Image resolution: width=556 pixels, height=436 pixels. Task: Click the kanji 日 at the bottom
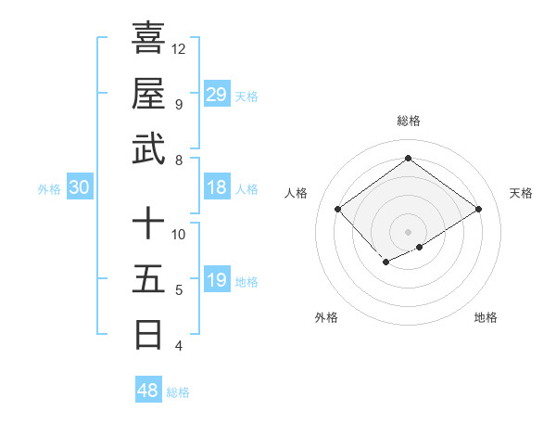coord(148,333)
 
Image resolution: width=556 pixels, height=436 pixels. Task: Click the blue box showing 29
coord(217,94)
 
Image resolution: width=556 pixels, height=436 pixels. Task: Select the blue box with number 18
coord(217,187)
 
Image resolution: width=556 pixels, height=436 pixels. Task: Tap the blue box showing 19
coord(217,280)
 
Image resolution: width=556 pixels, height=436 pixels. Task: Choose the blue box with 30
coord(80,187)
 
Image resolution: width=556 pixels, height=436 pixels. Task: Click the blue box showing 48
coord(148,390)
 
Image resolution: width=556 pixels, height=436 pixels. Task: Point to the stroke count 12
coord(179,48)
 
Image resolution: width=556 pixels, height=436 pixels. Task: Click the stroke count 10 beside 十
coord(179,235)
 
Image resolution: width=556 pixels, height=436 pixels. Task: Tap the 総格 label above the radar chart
coord(408,121)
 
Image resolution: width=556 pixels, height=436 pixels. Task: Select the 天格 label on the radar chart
coord(521,193)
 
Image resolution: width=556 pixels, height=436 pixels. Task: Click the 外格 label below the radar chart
coord(326,317)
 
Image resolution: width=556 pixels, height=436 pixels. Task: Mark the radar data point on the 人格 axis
coord(337,210)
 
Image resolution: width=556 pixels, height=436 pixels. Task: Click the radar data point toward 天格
coord(478,210)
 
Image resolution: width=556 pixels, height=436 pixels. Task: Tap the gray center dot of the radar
coord(408,230)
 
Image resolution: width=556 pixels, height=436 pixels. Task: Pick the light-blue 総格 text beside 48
coord(178,392)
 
